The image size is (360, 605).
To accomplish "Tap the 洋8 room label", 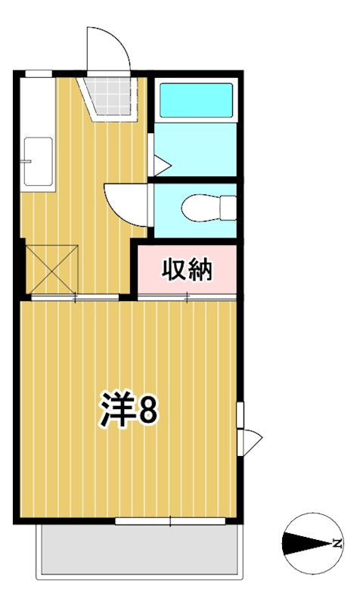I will pyautogui.click(x=128, y=409).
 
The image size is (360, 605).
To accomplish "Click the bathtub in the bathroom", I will pyautogui.click(x=196, y=100).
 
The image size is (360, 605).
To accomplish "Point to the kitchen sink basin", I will pyautogui.click(x=37, y=160).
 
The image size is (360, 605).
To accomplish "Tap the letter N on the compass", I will pyautogui.click(x=335, y=543).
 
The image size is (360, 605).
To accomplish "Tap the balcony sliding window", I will pyautogui.click(x=170, y=521).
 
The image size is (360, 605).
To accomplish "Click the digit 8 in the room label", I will pyautogui.click(x=147, y=409).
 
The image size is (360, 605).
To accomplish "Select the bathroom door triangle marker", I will pyautogui.click(x=160, y=164).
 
